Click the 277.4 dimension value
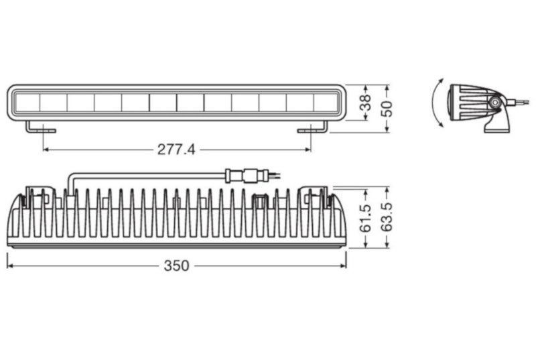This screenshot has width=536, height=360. tap(176, 149)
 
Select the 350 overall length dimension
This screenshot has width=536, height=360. tap(176, 265)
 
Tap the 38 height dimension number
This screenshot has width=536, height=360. tap(366, 103)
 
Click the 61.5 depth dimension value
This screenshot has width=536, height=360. tap(366, 218)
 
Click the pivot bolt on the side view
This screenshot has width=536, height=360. tap(494, 101)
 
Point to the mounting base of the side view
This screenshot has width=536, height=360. tap(496, 123)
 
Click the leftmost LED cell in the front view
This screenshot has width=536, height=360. tap(26, 103)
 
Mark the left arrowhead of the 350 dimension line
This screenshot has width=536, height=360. tap(10, 265)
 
